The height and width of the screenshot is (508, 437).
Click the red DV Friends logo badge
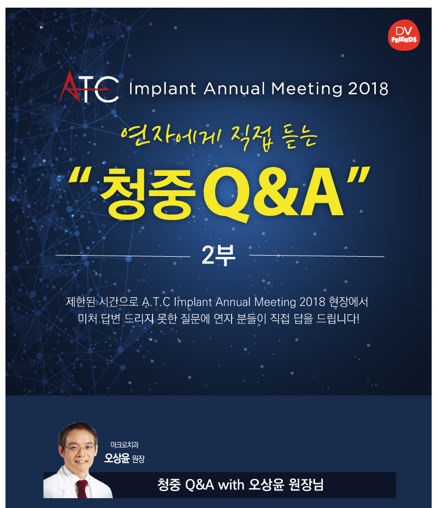click(404, 35)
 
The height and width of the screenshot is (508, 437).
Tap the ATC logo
click(88, 87)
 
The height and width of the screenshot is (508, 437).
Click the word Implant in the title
click(163, 89)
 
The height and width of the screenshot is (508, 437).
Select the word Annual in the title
click(234, 88)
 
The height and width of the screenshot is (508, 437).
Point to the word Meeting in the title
click(306, 89)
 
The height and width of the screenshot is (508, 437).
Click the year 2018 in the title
click(368, 89)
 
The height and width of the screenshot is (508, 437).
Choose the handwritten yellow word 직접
click(252, 138)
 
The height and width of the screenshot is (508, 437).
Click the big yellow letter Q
click(227, 194)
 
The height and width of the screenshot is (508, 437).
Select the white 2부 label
click(218, 255)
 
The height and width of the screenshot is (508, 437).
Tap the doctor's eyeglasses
click(79, 448)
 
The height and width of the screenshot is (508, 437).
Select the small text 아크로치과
click(125, 445)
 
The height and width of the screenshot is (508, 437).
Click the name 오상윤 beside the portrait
click(117, 458)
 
